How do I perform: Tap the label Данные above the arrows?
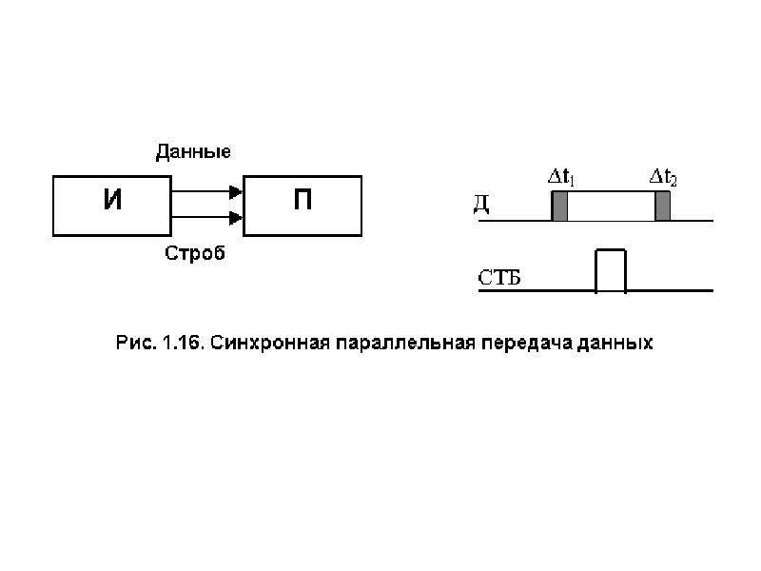click(x=193, y=152)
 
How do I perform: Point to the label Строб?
click(x=195, y=253)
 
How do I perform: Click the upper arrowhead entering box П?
click(x=236, y=192)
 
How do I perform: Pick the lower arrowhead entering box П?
click(x=236, y=218)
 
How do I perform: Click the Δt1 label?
click(x=561, y=177)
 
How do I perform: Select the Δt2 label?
click(x=663, y=177)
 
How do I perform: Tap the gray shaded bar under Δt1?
click(x=559, y=206)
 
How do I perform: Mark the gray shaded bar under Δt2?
click(x=662, y=206)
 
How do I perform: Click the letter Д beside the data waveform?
click(x=481, y=205)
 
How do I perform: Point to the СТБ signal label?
click(x=498, y=278)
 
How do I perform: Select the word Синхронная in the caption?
click(x=270, y=343)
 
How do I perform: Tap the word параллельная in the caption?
click(x=406, y=343)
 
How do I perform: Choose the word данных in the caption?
click(x=615, y=344)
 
